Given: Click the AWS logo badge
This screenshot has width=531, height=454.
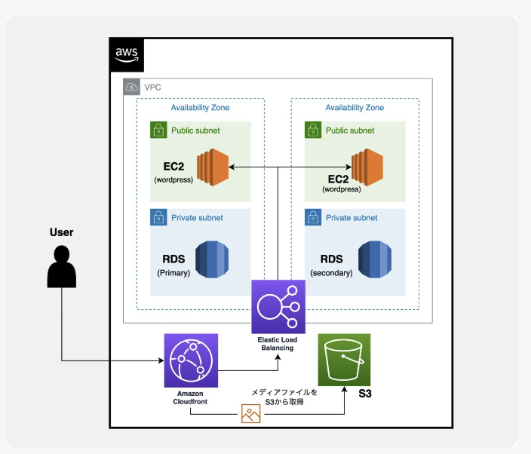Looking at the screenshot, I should point(127,54).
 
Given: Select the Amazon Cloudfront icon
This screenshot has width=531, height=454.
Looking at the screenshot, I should point(191,360).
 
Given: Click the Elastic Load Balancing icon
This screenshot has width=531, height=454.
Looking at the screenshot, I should point(278,306).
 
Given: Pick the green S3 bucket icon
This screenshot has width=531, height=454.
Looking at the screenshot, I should point(345,360).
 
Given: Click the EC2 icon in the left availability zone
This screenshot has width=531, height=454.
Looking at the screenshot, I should point(212,167).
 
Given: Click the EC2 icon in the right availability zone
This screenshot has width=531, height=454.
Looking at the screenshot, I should point(367,167).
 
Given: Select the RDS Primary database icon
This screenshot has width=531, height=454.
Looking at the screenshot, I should point(212,260).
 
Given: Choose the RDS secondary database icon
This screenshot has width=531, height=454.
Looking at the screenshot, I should point(374,260).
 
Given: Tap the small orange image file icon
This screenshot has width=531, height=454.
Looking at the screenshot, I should point(250,414).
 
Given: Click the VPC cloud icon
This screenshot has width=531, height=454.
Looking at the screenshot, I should point(132,87).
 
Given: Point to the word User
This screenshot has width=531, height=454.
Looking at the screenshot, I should point(61,232).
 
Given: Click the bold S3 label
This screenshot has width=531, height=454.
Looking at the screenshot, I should point(364,394).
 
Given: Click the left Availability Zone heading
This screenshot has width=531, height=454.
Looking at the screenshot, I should point(200,108).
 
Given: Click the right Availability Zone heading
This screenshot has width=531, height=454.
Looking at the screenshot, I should point(355,108).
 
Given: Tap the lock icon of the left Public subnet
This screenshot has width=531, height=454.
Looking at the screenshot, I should point(158,130).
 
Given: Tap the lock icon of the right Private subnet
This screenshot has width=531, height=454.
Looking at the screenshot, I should point(313,218).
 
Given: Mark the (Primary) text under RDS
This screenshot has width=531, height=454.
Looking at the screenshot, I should point(173,272).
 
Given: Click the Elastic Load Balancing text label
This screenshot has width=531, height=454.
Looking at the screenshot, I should point(278,344).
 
